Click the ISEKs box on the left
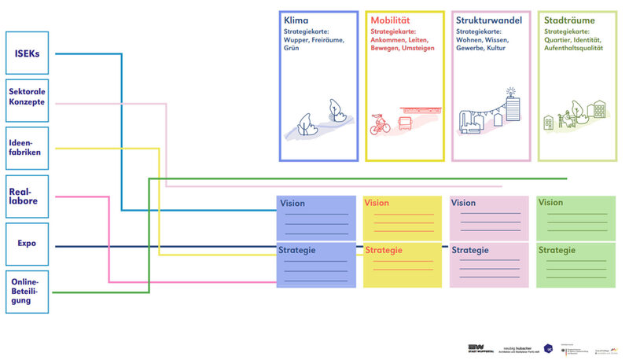coord(28,53)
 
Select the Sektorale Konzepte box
coord(28,99)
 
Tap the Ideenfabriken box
coord(28,148)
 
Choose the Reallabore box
coord(28,196)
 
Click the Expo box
coord(28,244)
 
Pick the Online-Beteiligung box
coord(28,292)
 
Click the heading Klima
coord(296,20)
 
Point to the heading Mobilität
coord(389,20)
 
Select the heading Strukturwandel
coord(485,20)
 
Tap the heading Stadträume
coord(569,20)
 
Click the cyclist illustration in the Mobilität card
coord(380,123)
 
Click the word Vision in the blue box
coord(292,203)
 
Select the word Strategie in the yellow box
coord(384,250)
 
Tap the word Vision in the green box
coord(550,203)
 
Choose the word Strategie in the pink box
coord(471,250)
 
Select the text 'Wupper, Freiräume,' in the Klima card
coord(314,39)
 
